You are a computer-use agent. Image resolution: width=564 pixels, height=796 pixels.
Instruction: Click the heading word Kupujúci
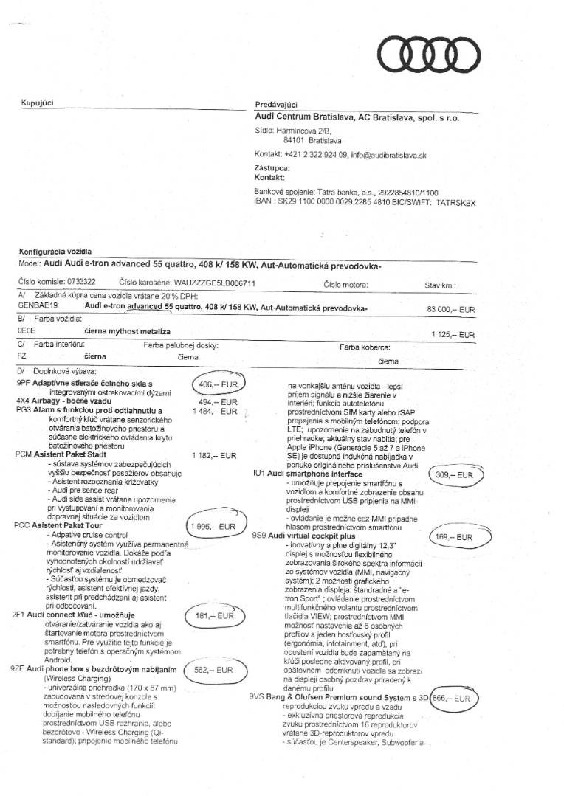coord(37,103)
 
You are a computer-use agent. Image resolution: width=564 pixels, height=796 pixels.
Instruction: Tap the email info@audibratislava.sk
coord(389,156)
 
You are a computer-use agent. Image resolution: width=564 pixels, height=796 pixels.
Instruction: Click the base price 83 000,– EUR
coord(450,310)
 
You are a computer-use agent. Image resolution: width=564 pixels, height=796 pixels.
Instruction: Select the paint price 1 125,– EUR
coord(453,335)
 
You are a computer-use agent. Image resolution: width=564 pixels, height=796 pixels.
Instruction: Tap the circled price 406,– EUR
coord(218,384)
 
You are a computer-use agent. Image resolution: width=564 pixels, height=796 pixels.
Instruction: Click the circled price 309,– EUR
coord(454,476)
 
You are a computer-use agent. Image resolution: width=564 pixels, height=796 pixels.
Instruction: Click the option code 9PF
coord(23,384)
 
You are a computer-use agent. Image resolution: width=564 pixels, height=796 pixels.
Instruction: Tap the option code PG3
coord(23,411)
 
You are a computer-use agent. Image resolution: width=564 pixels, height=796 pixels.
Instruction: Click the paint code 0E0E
coord(26,332)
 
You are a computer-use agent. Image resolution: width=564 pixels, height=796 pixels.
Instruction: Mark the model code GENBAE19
coord(33,305)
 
